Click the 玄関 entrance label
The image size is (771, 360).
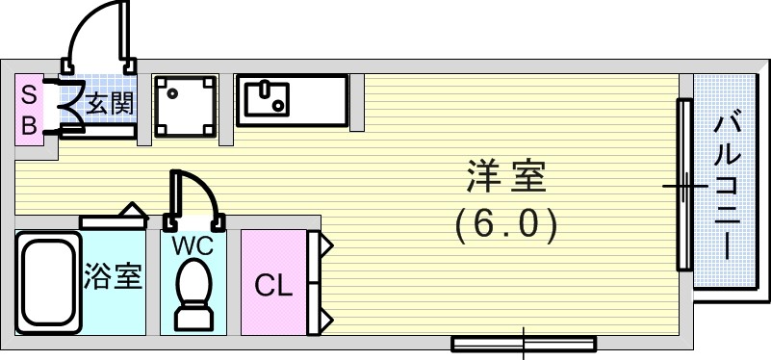coord(110,104)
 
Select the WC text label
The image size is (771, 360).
coord(193,245)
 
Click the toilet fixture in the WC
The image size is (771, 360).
coord(194,295)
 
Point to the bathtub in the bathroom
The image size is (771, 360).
coord(48,282)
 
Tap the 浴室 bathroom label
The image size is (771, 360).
coord(113,276)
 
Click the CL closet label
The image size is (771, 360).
coord(274,285)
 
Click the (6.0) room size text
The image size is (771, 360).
coord(506,226)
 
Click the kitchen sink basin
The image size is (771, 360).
coord(267,99)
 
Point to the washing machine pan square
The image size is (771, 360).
coord(185,106)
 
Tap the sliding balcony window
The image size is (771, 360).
coord(684,185)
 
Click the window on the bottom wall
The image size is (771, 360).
coord(524,344)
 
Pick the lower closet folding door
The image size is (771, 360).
coord(321,309)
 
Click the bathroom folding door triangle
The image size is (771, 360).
coord(133,210)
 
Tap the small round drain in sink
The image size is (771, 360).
coord(279,105)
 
